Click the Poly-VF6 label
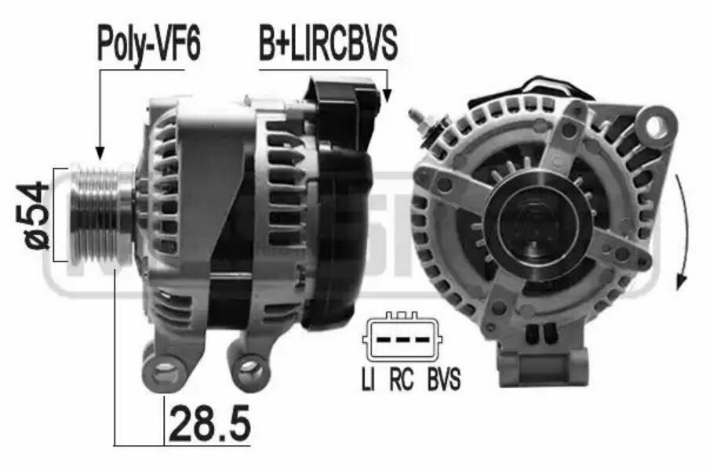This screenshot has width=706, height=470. click(x=149, y=45)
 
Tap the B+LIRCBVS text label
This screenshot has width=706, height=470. click(x=329, y=45)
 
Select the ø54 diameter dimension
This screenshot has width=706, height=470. click(x=36, y=215)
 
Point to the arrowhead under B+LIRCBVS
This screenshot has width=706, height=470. click(x=386, y=96)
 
